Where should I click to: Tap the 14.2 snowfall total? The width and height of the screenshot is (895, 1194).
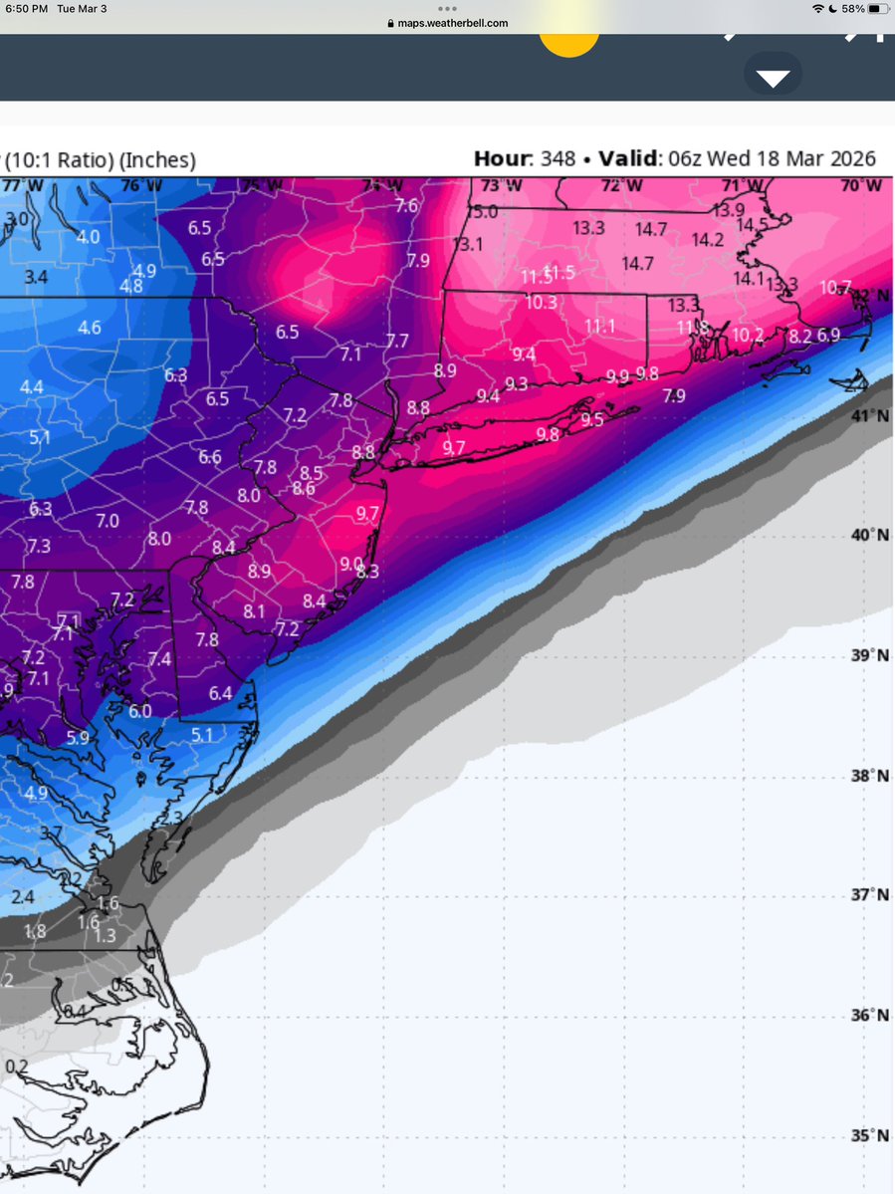pyautogui.click(x=707, y=239)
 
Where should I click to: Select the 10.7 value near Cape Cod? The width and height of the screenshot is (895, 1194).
pyautogui.click(x=835, y=288)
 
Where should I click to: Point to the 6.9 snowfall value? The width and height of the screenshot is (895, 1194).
pyautogui.click(x=828, y=336)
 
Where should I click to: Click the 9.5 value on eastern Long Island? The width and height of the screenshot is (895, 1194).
pyautogui.click(x=592, y=419)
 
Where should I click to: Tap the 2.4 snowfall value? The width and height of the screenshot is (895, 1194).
pyautogui.click(x=22, y=897)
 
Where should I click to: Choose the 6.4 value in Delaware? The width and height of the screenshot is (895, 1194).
pyautogui.click(x=220, y=693)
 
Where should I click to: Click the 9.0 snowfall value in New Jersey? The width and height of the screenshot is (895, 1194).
pyautogui.click(x=351, y=564)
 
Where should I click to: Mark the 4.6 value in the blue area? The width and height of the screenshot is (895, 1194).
pyautogui.click(x=90, y=327)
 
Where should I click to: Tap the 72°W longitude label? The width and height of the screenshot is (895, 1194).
pyautogui.click(x=618, y=185)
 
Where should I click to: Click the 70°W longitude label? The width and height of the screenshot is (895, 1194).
pyautogui.click(x=859, y=185)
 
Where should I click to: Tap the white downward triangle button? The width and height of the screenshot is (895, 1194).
pyautogui.click(x=773, y=79)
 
